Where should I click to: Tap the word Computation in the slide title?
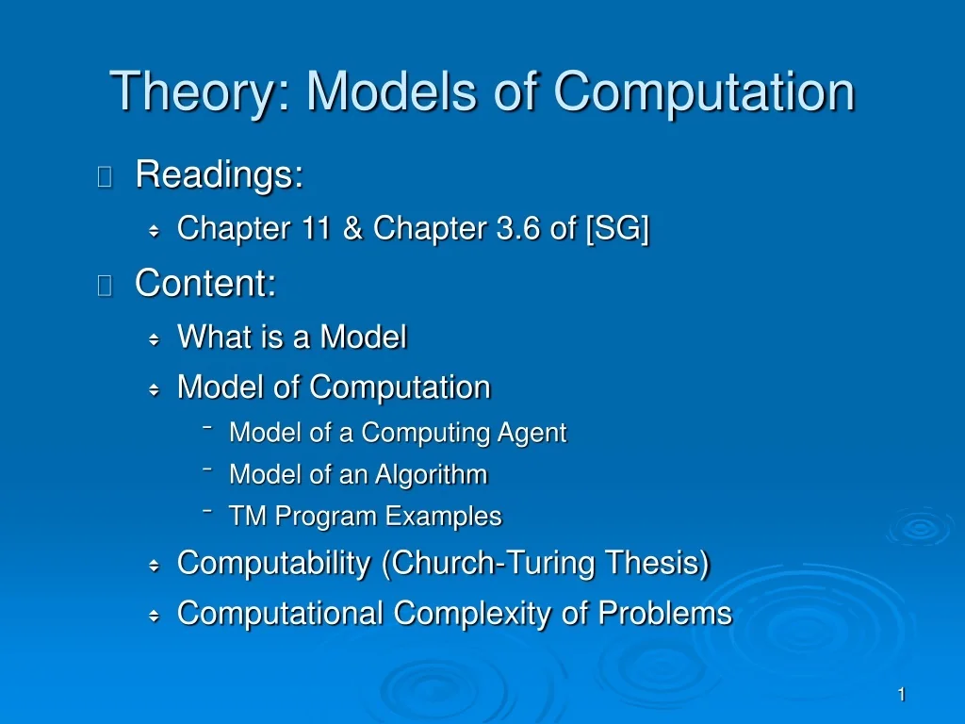(704, 92)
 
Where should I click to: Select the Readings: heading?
(219, 175)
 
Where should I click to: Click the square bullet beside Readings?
(105, 176)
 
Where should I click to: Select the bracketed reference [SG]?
(617, 228)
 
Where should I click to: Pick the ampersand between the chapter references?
(353, 228)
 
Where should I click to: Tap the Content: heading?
(205, 283)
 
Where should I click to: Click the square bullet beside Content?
(105, 285)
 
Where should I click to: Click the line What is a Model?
(292, 337)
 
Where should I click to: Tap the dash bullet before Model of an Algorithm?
(206, 470)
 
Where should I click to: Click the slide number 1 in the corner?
(901, 695)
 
